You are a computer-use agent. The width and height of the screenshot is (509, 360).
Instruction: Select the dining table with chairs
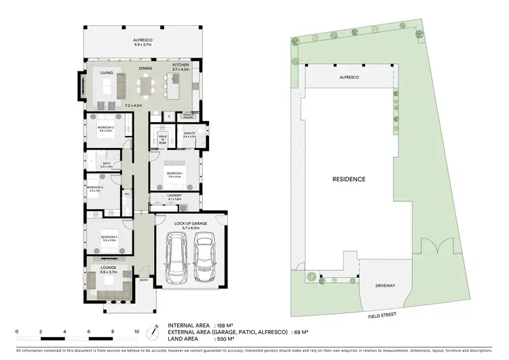click(146, 88)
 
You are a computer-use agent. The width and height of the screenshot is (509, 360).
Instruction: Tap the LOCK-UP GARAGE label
click(190, 224)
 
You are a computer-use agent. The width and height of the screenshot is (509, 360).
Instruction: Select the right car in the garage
click(205, 259)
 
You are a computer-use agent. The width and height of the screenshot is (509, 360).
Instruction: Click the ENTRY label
click(144, 280)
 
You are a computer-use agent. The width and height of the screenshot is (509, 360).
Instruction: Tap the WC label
click(127, 194)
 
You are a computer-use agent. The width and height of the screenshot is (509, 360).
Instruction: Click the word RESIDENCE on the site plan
click(349, 179)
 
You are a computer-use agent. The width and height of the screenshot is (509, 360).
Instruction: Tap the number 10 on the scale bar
click(136, 331)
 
